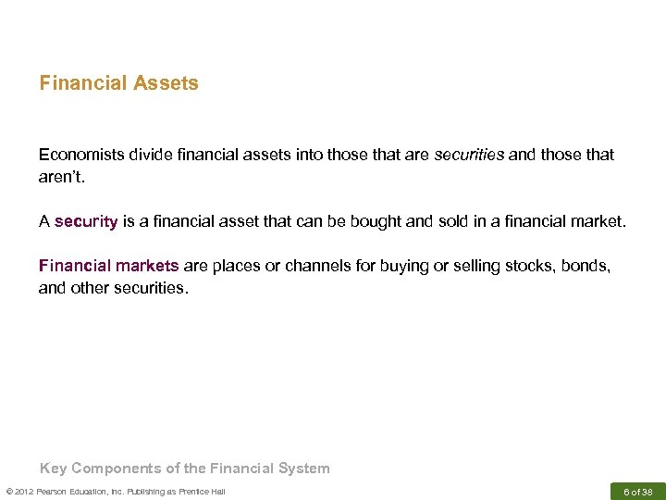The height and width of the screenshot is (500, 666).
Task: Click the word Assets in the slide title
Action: tap(166, 83)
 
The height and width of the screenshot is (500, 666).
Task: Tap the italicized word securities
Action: tap(470, 155)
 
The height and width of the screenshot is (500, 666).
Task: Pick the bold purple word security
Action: tap(86, 222)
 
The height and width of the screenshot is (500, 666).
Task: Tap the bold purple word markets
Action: tap(147, 266)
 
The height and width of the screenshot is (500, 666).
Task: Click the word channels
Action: tap(311, 266)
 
